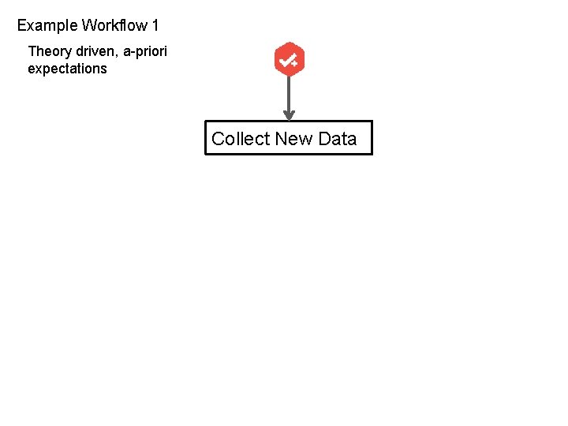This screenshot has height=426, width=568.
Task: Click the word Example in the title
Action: (x=47, y=26)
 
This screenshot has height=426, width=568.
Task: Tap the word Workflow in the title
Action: (x=114, y=26)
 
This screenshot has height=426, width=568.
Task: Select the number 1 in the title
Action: (x=155, y=26)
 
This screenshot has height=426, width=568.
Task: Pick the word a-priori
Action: (x=145, y=52)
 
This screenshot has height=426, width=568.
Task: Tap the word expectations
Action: (x=67, y=69)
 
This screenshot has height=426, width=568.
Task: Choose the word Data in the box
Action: (x=338, y=140)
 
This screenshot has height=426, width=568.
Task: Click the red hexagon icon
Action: (x=289, y=59)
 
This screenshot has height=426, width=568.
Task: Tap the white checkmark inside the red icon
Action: (x=287, y=59)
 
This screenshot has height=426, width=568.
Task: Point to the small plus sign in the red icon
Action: (x=294, y=63)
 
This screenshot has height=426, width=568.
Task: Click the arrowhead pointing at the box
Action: (x=289, y=116)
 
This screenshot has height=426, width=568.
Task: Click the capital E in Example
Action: (x=22, y=26)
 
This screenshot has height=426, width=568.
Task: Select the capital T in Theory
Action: (x=32, y=52)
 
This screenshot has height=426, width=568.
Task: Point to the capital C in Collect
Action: (x=219, y=140)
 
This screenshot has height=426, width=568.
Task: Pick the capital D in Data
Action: (x=324, y=140)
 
